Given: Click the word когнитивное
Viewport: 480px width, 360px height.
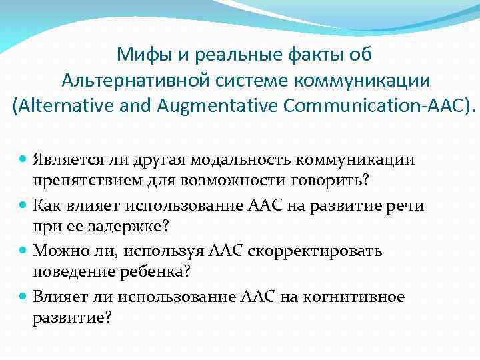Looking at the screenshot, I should [x=359, y=297].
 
